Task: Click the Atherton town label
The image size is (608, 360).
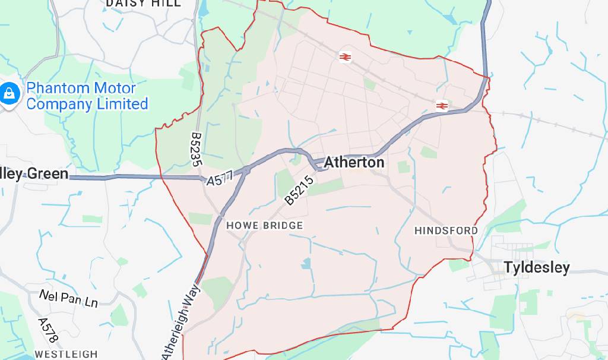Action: (x=354, y=162)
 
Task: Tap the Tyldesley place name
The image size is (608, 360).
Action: (x=536, y=267)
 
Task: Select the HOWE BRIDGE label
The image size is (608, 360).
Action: (x=264, y=226)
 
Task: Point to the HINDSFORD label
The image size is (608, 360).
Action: (x=446, y=230)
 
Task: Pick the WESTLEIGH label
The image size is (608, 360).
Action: (x=66, y=354)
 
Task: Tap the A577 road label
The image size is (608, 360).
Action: (x=220, y=178)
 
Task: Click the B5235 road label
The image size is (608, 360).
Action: (x=196, y=149)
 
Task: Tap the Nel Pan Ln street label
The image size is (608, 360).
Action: (x=68, y=298)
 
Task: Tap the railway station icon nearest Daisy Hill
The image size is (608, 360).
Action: (x=345, y=56)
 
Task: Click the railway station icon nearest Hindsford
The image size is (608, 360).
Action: (x=441, y=106)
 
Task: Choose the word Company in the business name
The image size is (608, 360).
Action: (x=59, y=104)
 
